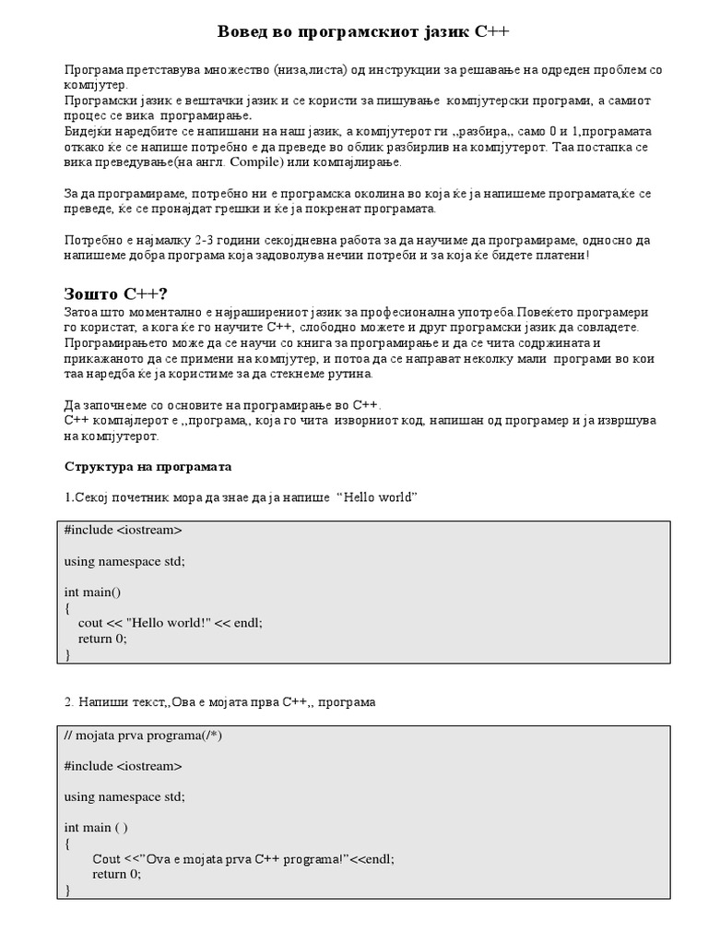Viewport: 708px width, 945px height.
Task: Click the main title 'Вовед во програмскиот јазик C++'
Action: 362,32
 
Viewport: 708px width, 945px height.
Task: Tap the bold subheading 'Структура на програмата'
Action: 147,466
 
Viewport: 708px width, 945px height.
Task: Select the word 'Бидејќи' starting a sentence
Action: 87,132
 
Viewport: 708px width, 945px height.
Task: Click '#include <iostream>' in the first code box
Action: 123,531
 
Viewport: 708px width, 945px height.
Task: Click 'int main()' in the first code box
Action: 92,592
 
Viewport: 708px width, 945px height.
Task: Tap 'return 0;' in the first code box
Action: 102,639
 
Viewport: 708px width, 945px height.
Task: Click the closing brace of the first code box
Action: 67,654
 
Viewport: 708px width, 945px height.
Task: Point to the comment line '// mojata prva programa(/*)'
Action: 143,735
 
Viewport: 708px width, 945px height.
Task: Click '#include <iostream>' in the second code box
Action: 123,766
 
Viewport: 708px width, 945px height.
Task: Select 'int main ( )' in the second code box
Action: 96,827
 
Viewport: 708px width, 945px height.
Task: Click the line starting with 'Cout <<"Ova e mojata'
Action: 242,858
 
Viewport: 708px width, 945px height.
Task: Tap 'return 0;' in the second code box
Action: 116,874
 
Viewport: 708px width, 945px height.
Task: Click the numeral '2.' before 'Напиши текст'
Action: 69,702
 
